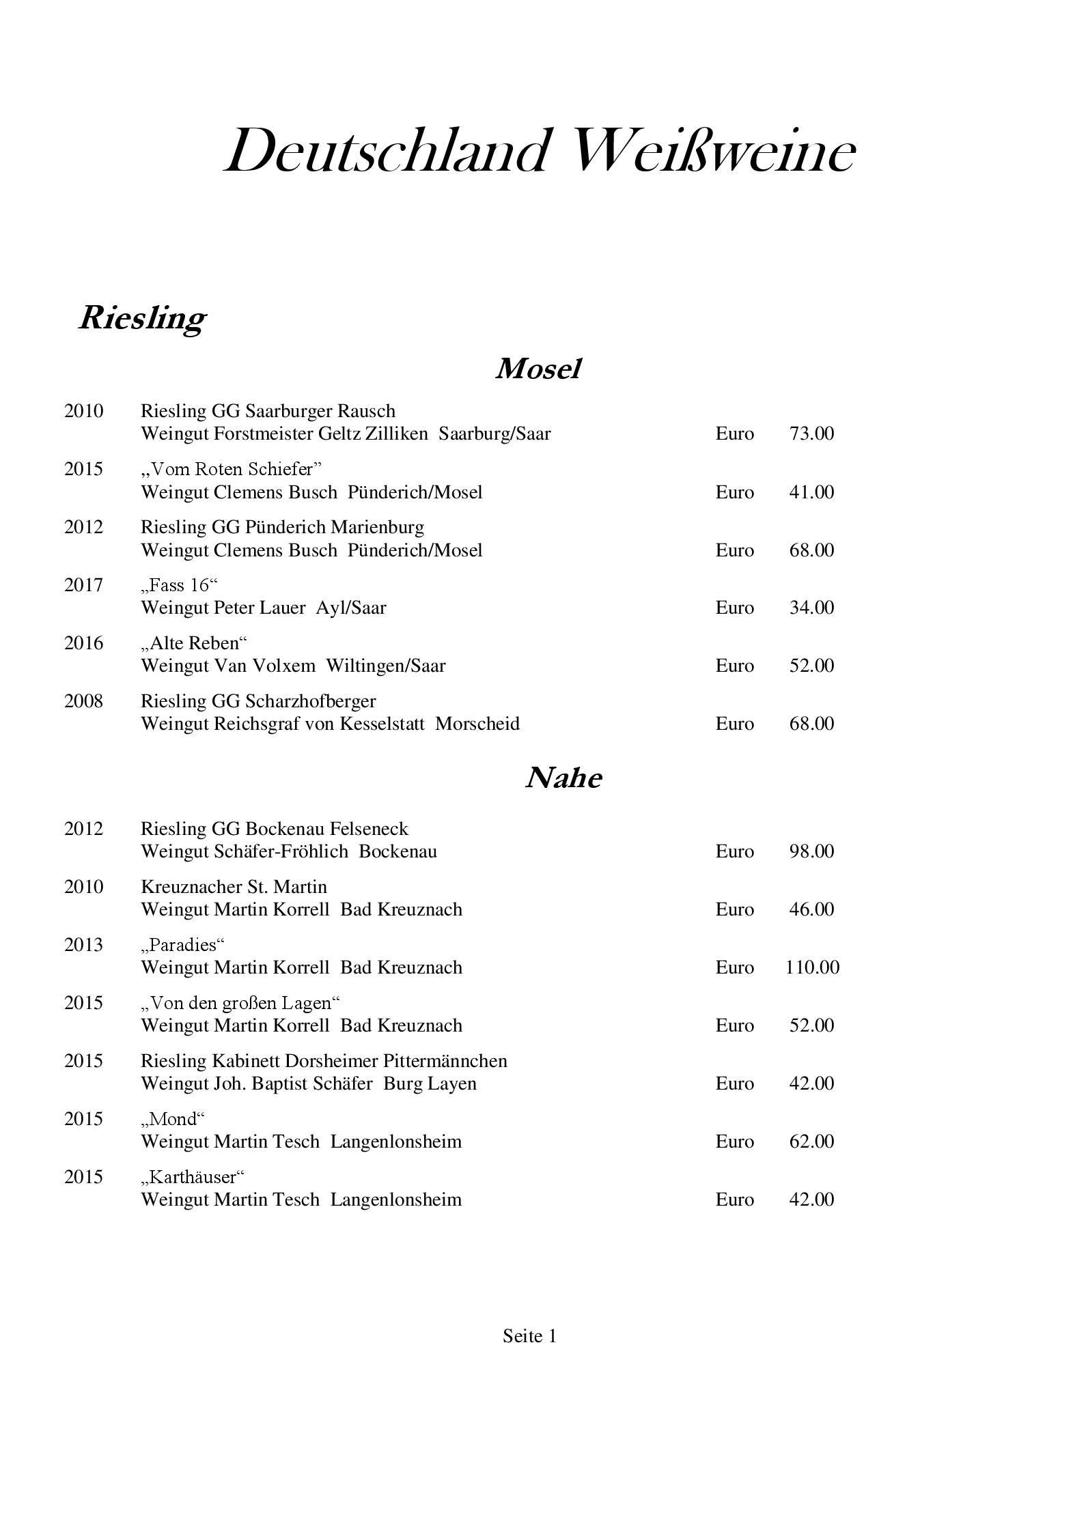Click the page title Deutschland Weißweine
[539, 151]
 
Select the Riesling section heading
[142, 317]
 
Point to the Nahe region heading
[563, 778]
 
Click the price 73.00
[811, 434]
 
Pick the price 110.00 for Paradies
[812, 967]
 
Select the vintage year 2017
[83, 585]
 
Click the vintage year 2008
[83, 701]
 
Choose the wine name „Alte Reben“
[194, 643]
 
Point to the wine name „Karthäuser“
[193, 1177]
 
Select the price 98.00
[811, 851]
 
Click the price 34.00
[811, 608]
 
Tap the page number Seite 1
[529, 1336]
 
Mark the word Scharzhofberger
[311, 701]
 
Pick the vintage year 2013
[83, 945]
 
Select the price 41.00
[811, 492]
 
